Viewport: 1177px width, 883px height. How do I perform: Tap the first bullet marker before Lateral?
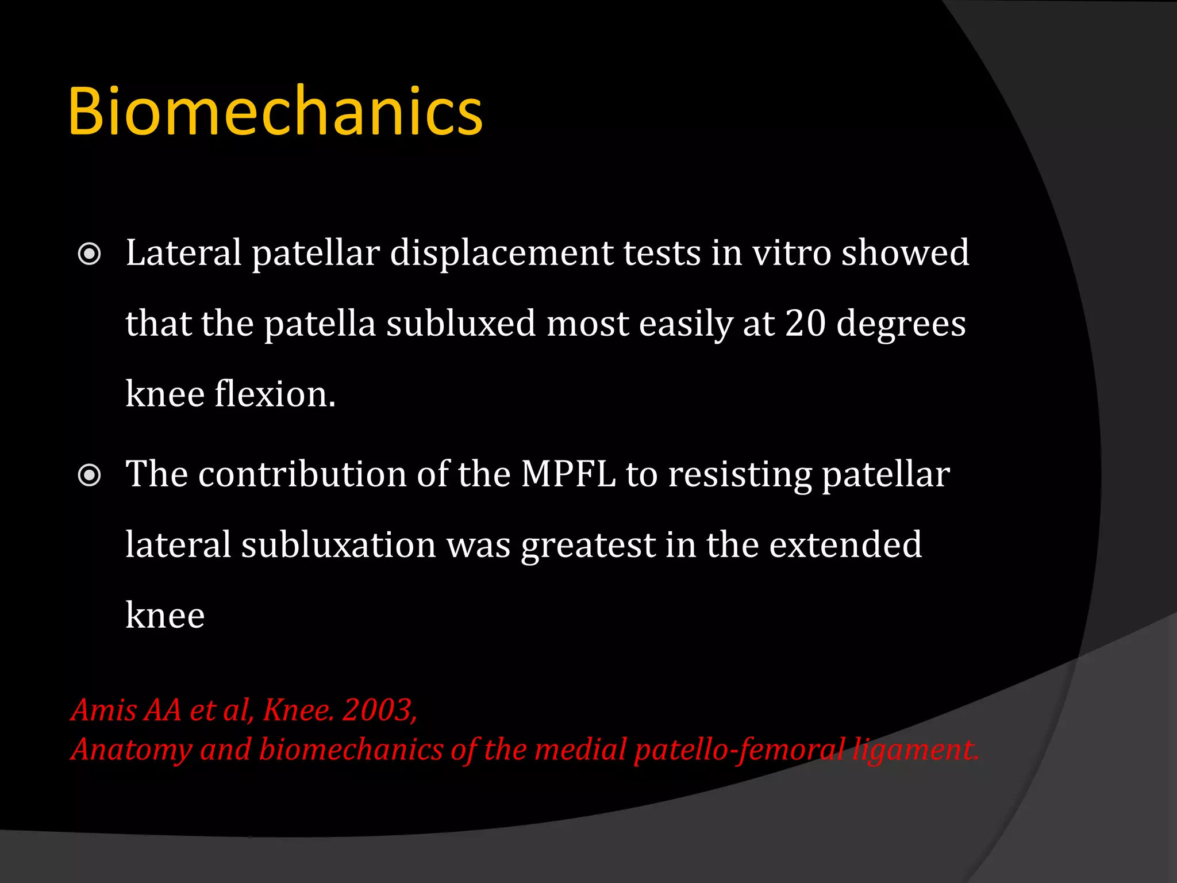(89, 254)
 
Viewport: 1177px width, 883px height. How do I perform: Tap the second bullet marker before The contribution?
(89, 475)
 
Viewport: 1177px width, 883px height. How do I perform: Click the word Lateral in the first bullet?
(183, 253)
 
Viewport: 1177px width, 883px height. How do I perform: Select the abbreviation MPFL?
(568, 475)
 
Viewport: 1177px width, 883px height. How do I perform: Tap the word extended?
(845, 545)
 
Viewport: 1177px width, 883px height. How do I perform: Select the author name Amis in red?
(104, 710)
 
